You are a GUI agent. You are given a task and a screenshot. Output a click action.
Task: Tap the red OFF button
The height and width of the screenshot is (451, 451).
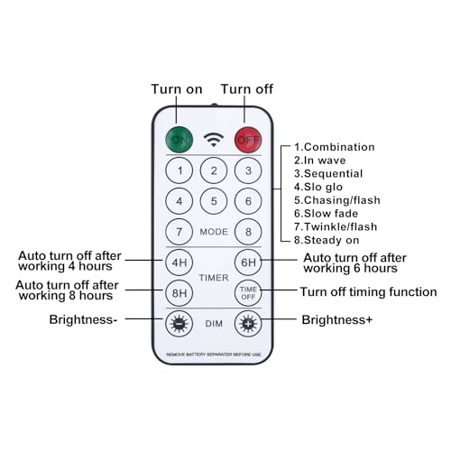(x=248, y=140)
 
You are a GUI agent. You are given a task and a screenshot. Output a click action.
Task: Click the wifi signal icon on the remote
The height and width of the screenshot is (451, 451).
(x=214, y=140)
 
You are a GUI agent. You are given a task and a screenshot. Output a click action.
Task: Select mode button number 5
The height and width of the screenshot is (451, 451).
(x=214, y=201)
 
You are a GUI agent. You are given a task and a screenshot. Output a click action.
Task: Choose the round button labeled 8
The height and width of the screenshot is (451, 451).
(x=248, y=232)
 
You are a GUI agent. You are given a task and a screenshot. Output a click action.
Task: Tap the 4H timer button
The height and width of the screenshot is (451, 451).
(x=179, y=262)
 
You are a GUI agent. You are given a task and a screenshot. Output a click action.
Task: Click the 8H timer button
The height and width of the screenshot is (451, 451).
(x=179, y=293)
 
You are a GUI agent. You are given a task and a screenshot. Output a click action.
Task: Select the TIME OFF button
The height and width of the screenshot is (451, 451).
(x=248, y=293)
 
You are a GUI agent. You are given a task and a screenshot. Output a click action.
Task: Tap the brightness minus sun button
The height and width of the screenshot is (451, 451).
(x=179, y=324)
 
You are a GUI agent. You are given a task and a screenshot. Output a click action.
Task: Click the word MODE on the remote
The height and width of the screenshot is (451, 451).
(x=214, y=232)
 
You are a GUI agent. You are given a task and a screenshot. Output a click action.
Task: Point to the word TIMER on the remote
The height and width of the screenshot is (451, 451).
(x=214, y=278)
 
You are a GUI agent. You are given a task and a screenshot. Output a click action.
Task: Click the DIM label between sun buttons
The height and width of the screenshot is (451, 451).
(x=214, y=324)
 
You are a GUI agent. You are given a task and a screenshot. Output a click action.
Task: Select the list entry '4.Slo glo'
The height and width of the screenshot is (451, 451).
(x=318, y=187)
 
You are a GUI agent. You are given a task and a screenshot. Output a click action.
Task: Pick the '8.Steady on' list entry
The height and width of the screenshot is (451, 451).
(x=327, y=240)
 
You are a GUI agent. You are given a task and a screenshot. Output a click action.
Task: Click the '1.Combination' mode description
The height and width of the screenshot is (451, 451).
(x=335, y=147)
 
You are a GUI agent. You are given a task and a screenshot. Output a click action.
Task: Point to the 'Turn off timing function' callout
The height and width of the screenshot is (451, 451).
(x=369, y=291)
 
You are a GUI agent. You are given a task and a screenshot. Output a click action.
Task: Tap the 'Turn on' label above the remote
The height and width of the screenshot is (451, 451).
(x=177, y=89)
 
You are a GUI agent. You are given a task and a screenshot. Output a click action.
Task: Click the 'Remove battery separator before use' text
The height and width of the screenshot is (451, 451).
(x=214, y=354)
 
